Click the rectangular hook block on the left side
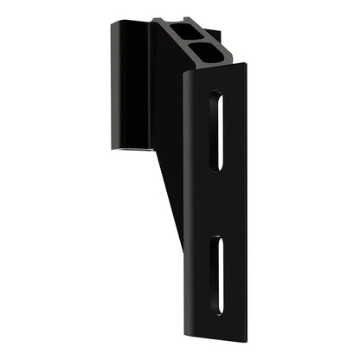click(x=130, y=87)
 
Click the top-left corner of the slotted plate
click(x=183, y=75)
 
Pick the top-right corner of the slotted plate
click(x=248, y=67)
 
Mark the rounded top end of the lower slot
click(x=222, y=238)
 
